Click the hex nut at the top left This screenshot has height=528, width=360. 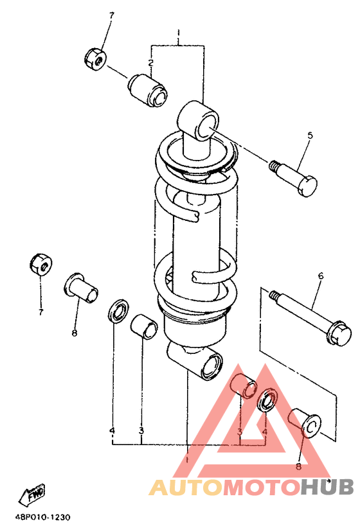coord(95,59)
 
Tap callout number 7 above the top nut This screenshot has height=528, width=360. coord(111,15)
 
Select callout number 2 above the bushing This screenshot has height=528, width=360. coord(150,62)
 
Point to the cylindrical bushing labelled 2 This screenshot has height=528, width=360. coord(147,90)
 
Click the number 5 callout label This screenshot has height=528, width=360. coord(310,136)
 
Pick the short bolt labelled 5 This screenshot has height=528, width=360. coord(294,179)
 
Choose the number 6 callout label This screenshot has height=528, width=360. coord(320,276)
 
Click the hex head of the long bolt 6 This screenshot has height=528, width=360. coord(339,334)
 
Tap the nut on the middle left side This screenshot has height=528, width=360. coord(40,263)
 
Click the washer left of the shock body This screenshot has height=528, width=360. coord(119,310)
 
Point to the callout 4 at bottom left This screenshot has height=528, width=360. coord(113,430)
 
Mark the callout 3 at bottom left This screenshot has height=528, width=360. coord(141,430)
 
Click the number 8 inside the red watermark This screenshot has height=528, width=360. coord(298,466)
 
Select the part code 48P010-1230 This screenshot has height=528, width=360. coord(42,517)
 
